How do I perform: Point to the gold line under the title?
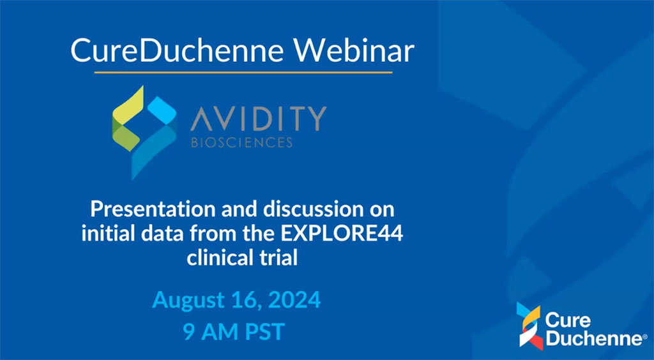243,73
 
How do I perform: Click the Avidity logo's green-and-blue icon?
145,133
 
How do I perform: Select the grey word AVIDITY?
258,118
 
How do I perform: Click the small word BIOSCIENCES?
242,143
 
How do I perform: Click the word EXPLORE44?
342,234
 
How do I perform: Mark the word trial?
276,258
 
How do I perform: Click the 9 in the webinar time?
188,332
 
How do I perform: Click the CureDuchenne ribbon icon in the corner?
529,326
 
